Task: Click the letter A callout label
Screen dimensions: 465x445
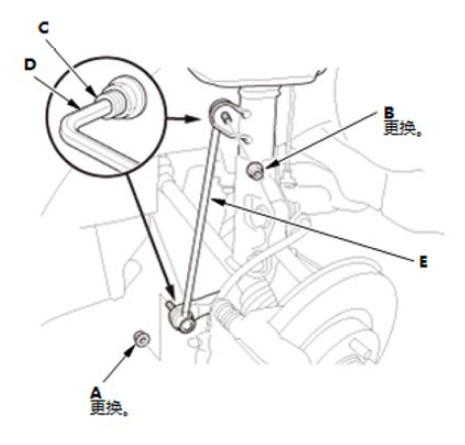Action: click(97, 393)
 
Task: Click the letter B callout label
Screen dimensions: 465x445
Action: click(389, 113)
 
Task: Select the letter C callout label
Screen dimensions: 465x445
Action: click(43, 28)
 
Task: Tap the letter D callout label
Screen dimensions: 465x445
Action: click(31, 65)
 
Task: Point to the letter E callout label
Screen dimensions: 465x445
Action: click(424, 262)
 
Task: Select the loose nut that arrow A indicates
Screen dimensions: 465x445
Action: click(142, 339)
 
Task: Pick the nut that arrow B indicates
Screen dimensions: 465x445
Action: click(255, 170)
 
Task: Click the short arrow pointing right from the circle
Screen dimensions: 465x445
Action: click(183, 118)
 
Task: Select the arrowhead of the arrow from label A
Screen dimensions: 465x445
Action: click(132, 350)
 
